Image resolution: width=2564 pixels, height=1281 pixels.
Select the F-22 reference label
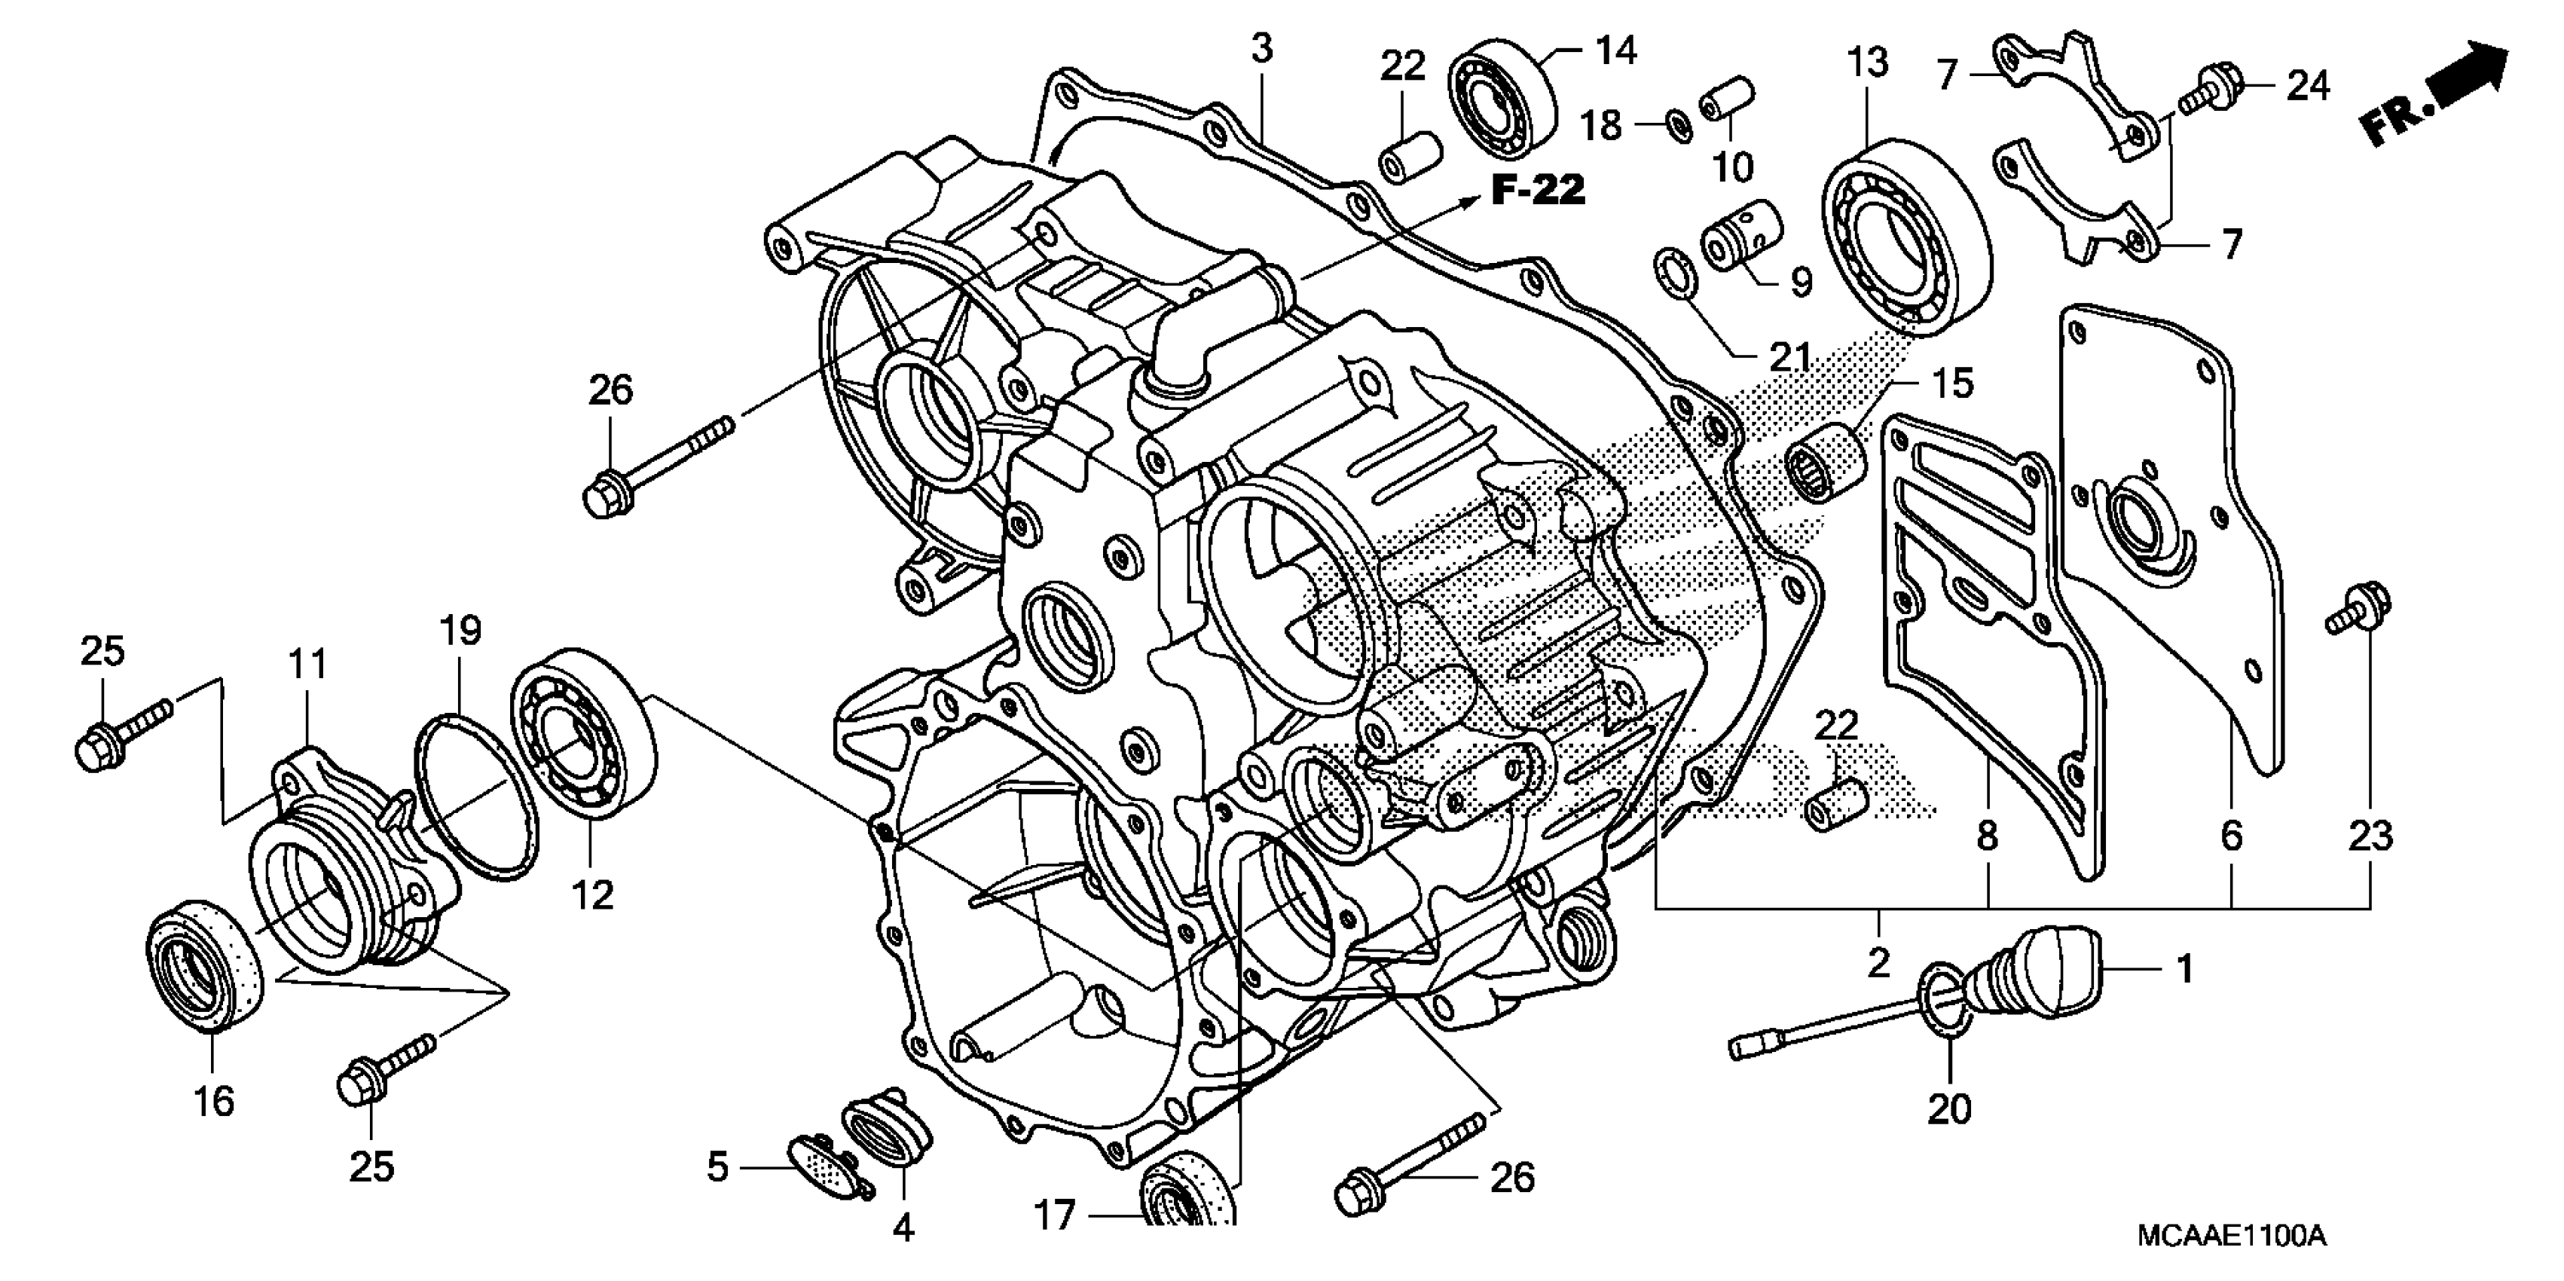(1538, 189)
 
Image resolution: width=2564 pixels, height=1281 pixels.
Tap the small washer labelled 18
(1677, 127)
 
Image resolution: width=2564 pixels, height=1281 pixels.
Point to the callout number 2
(1878, 964)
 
